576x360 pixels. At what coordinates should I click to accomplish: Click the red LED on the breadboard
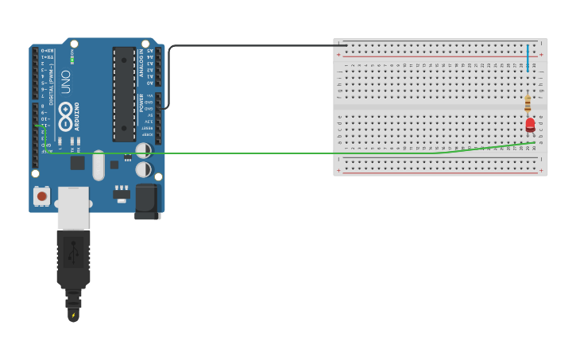tap(530, 125)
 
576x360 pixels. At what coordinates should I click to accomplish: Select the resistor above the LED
tap(528, 104)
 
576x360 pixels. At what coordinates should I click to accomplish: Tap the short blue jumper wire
tap(528, 58)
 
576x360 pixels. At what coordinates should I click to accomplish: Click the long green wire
tap(238, 153)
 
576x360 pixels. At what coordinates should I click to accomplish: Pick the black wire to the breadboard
tap(254, 45)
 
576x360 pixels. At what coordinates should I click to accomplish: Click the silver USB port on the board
tap(73, 207)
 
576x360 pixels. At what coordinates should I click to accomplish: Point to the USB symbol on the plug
tap(73, 250)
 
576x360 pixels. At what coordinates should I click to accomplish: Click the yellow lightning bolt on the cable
tap(73, 315)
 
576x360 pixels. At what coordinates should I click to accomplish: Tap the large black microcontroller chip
tap(124, 94)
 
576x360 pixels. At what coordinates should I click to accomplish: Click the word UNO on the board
tap(66, 82)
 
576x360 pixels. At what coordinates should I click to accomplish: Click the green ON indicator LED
tap(72, 60)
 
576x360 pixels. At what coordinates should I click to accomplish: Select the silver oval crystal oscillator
tap(99, 165)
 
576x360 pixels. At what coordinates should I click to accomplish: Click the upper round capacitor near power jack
tap(144, 150)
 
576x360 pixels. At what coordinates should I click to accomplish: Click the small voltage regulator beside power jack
tap(122, 192)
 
